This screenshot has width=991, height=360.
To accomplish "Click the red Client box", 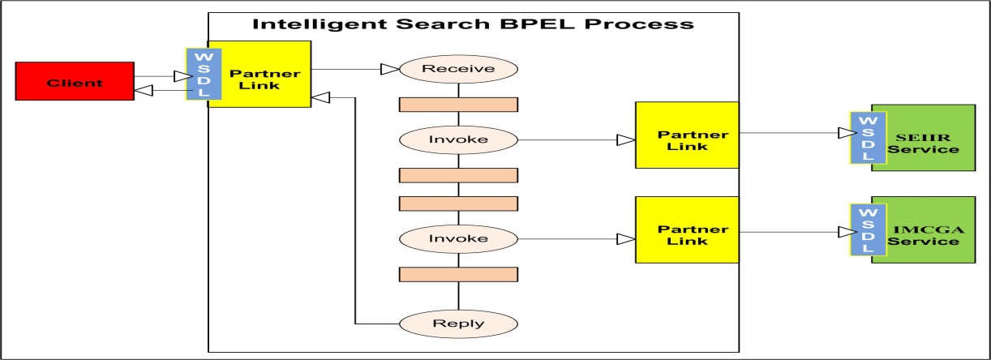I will (x=74, y=83).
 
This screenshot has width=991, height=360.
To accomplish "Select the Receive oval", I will (x=459, y=69).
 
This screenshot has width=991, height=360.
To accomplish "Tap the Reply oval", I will (x=459, y=323).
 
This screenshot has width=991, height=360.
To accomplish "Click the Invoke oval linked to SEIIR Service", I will (x=459, y=139).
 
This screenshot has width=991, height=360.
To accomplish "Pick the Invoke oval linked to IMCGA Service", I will (x=459, y=239).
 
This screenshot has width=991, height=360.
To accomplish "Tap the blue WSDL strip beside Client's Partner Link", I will (x=198, y=75).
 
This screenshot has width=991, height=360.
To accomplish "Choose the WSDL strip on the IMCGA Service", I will (x=860, y=229).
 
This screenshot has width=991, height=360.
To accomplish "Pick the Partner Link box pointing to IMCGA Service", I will (x=686, y=229).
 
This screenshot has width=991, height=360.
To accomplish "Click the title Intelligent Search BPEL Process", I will (x=474, y=24).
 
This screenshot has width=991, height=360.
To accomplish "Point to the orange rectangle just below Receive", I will (x=459, y=104).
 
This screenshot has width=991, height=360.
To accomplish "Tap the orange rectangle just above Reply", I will (x=459, y=274).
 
